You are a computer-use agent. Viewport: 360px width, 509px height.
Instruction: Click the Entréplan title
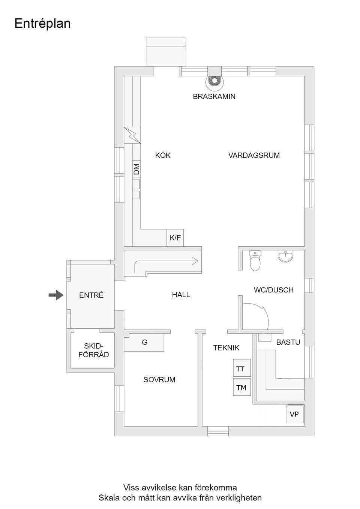(42, 23)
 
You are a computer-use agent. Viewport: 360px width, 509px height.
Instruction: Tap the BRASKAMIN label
(214, 96)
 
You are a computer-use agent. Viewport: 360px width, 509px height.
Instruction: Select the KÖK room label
(163, 155)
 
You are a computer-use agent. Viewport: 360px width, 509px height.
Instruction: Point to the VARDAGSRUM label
(254, 155)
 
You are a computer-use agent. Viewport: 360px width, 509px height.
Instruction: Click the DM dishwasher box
(136, 169)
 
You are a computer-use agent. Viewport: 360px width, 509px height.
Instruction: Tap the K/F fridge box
(175, 238)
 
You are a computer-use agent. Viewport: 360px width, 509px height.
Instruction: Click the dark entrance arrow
(56, 295)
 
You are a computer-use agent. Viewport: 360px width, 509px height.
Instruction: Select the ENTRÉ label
(91, 295)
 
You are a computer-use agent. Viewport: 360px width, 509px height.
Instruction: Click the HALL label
(181, 295)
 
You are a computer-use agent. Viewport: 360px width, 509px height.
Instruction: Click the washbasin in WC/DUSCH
(286, 256)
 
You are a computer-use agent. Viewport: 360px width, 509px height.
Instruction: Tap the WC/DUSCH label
(273, 290)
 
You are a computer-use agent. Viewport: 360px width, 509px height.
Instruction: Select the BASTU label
(288, 342)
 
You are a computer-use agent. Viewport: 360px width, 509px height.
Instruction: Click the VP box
(294, 414)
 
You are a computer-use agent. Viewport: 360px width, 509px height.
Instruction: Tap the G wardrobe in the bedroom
(144, 343)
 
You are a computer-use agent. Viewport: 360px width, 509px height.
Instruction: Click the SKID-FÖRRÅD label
(93, 350)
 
